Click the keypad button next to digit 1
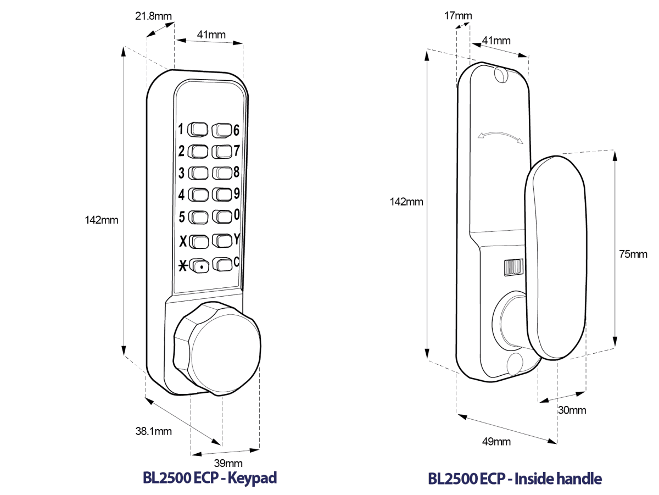[198, 130]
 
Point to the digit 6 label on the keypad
[236, 130]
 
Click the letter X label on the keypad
[183, 241]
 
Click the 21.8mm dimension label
[154, 16]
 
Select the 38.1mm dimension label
[153, 431]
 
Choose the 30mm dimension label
[571, 410]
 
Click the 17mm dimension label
[457, 15]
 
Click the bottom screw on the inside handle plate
[516, 363]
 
